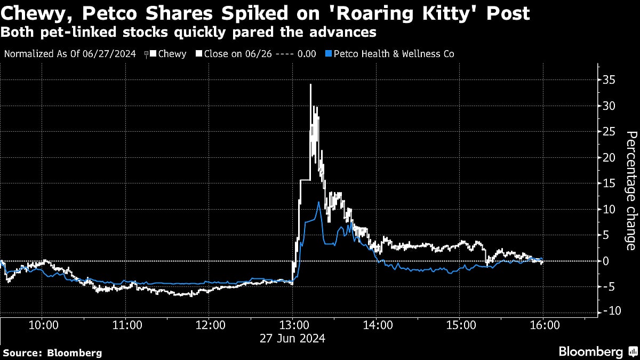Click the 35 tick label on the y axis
[x=609, y=80]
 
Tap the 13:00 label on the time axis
[x=293, y=325]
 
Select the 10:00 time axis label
[x=43, y=325]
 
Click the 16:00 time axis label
[x=543, y=325]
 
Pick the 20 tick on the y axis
[x=609, y=157]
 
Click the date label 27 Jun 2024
[x=293, y=338]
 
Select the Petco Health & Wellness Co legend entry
[x=394, y=54]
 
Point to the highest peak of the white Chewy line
[x=310, y=84]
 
